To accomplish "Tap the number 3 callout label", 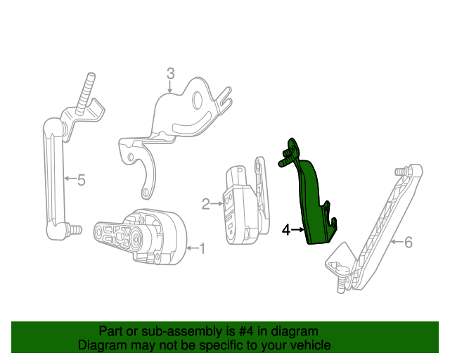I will point(170,73).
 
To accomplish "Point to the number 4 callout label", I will point(286,229).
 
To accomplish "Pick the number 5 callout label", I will point(82,181).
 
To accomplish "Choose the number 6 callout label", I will point(408,243).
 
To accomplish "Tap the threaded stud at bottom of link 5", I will point(72,229).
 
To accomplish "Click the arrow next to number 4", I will point(297,229).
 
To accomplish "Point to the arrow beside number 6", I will point(396,243).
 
